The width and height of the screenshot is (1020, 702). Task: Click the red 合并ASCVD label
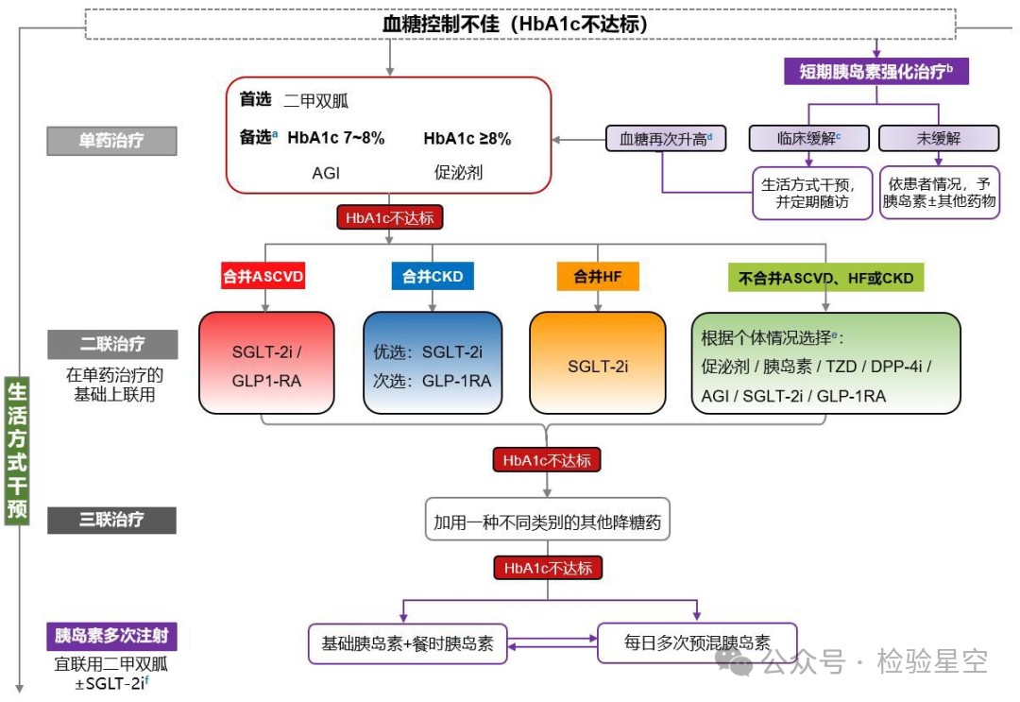click(x=263, y=277)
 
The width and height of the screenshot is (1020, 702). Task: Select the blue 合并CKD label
click(x=433, y=277)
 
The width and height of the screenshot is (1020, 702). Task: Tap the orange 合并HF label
click(x=598, y=277)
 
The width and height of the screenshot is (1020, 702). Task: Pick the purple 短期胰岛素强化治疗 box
click(x=875, y=71)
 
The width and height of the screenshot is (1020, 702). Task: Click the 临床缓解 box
click(x=809, y=138)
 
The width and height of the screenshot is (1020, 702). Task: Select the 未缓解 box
click(x=939, y=138)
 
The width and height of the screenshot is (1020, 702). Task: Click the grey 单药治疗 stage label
click(x=112, y=141)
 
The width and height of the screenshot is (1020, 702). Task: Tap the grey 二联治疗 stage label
click(x=112, y=344)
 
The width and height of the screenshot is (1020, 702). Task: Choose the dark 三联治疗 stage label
click(x=112, y=520)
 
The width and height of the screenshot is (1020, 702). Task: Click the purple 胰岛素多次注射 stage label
click(x=112, y=635)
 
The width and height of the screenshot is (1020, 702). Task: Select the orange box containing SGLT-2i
click(x=597, y=365)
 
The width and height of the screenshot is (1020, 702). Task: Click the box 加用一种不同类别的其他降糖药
click(x=548, y=521)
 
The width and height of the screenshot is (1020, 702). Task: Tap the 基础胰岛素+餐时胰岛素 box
click(x=407, y=643)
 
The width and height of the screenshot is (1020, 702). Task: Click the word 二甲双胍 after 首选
click(x=317, y=100)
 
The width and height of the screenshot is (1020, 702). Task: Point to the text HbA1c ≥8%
click(x=467, y=139)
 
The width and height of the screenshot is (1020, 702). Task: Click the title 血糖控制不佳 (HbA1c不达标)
click(x=515, y=25)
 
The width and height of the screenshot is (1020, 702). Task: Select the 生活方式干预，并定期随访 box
click(x=812, y=193)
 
